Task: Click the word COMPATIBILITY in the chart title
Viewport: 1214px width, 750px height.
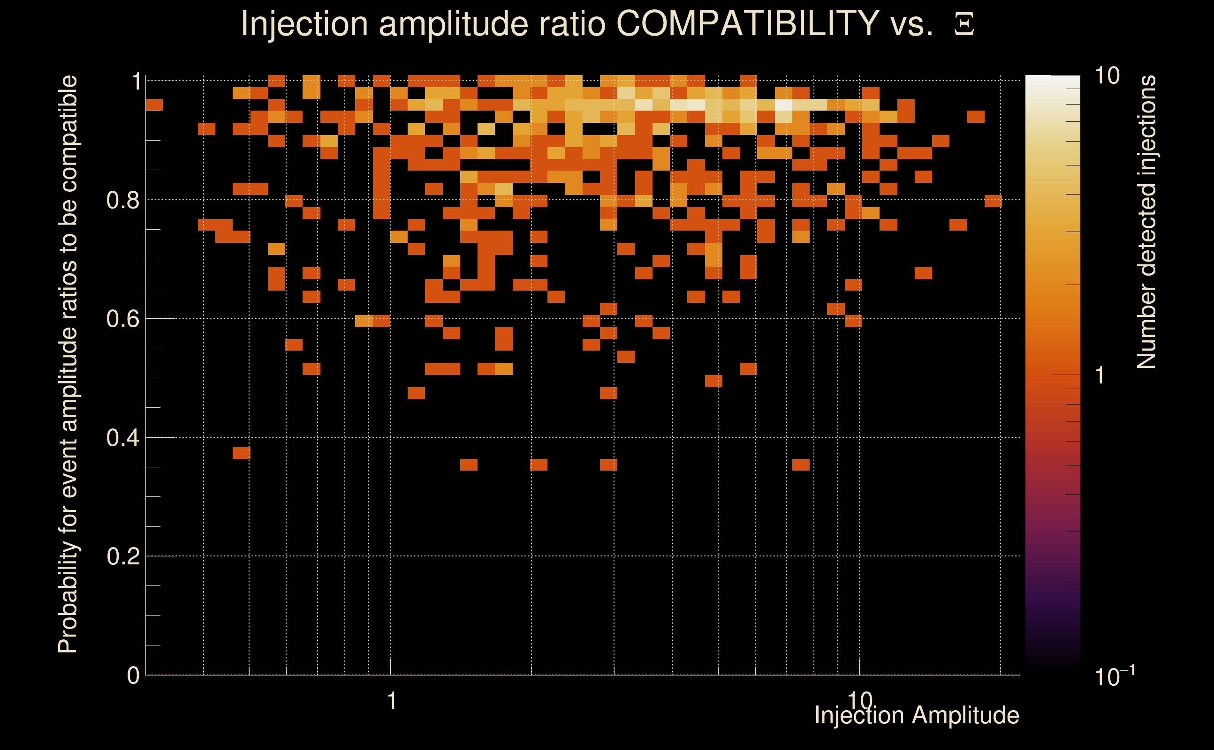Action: (x=748, y=23)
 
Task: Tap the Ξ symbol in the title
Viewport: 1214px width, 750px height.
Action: (x=964, y=24)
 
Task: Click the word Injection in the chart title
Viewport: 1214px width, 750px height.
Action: (x=304, y=23)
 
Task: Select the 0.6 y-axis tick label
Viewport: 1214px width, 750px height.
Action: (x=123, y=318)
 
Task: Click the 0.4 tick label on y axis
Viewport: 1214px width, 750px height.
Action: (x=123, y=437)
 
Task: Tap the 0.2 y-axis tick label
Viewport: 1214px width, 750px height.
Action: (x=123, y=556)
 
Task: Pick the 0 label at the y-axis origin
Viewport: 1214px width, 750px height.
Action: (x=133, y=675)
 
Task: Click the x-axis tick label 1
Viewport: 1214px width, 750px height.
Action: (x=392, y=701)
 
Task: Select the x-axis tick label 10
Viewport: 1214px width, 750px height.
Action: (x=860, y=701)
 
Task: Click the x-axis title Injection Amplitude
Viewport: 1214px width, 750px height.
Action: (x=917, y=715)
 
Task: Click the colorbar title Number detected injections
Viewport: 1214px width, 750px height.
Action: (x=1146, y=222)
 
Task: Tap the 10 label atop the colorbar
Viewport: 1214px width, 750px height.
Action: (x=1107, y=76)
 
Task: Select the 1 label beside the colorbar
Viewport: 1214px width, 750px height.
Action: (x=1100, y=375)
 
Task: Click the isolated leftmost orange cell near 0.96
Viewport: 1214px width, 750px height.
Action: (x=154, y=105)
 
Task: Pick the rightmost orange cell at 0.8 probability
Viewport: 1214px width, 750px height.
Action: (x=993, y=201)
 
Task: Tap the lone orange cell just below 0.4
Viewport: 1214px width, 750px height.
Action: (x=242, y=452)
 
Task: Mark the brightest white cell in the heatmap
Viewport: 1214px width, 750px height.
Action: (x=784, y=105)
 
